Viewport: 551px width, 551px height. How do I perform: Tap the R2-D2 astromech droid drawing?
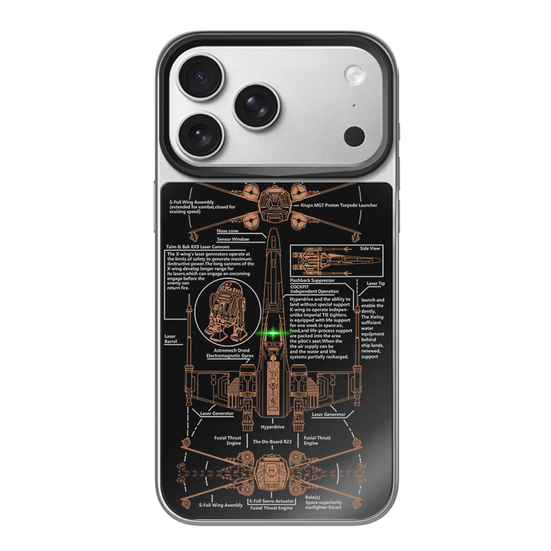[227, 313]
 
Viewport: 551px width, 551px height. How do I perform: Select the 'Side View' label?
[370, 247]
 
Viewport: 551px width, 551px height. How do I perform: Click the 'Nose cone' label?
[228, 231]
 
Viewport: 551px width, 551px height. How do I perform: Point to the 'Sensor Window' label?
[233, 239]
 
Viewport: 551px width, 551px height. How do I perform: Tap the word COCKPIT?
[300, 286]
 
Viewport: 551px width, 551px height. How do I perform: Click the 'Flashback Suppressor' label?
[312, 280]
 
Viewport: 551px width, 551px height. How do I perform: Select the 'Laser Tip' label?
[376, 283]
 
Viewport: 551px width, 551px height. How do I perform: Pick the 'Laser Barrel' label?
[170, 339]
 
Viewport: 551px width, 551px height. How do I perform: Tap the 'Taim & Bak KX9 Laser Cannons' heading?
[197, 247]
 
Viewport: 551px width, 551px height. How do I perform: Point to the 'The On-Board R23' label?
[272, 441]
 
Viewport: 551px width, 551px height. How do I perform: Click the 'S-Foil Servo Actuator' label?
[271, 501]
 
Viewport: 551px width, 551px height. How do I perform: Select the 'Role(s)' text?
[312, 497]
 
